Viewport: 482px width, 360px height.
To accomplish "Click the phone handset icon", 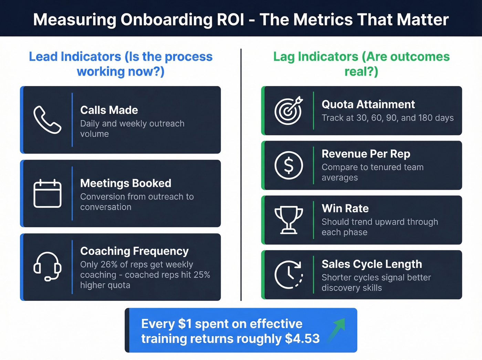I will [x=47, y=120].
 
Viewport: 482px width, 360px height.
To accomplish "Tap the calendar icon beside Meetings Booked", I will [x=47, y=193].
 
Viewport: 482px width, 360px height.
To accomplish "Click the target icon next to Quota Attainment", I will [x=289, y=110].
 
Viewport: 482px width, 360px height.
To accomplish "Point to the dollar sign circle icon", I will [x=289, y=165].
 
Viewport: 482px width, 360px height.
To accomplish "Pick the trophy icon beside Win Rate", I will [x=289, y=220].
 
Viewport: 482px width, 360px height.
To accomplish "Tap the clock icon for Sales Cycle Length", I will [x=289, y=275].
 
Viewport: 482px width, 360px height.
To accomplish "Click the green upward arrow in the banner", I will [x=337, y=329].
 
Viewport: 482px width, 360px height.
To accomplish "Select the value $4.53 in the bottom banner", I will [x=302, y=339].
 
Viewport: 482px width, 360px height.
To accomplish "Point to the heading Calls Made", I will [x=109, y=110].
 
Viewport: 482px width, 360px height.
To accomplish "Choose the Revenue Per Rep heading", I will [x=366, y=154].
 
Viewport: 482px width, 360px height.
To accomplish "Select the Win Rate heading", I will [x=345, y=208].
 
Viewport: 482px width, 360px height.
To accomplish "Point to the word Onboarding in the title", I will [x=166, y=20].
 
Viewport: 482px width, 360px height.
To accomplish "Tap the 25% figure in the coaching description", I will [x=202, y=275].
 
